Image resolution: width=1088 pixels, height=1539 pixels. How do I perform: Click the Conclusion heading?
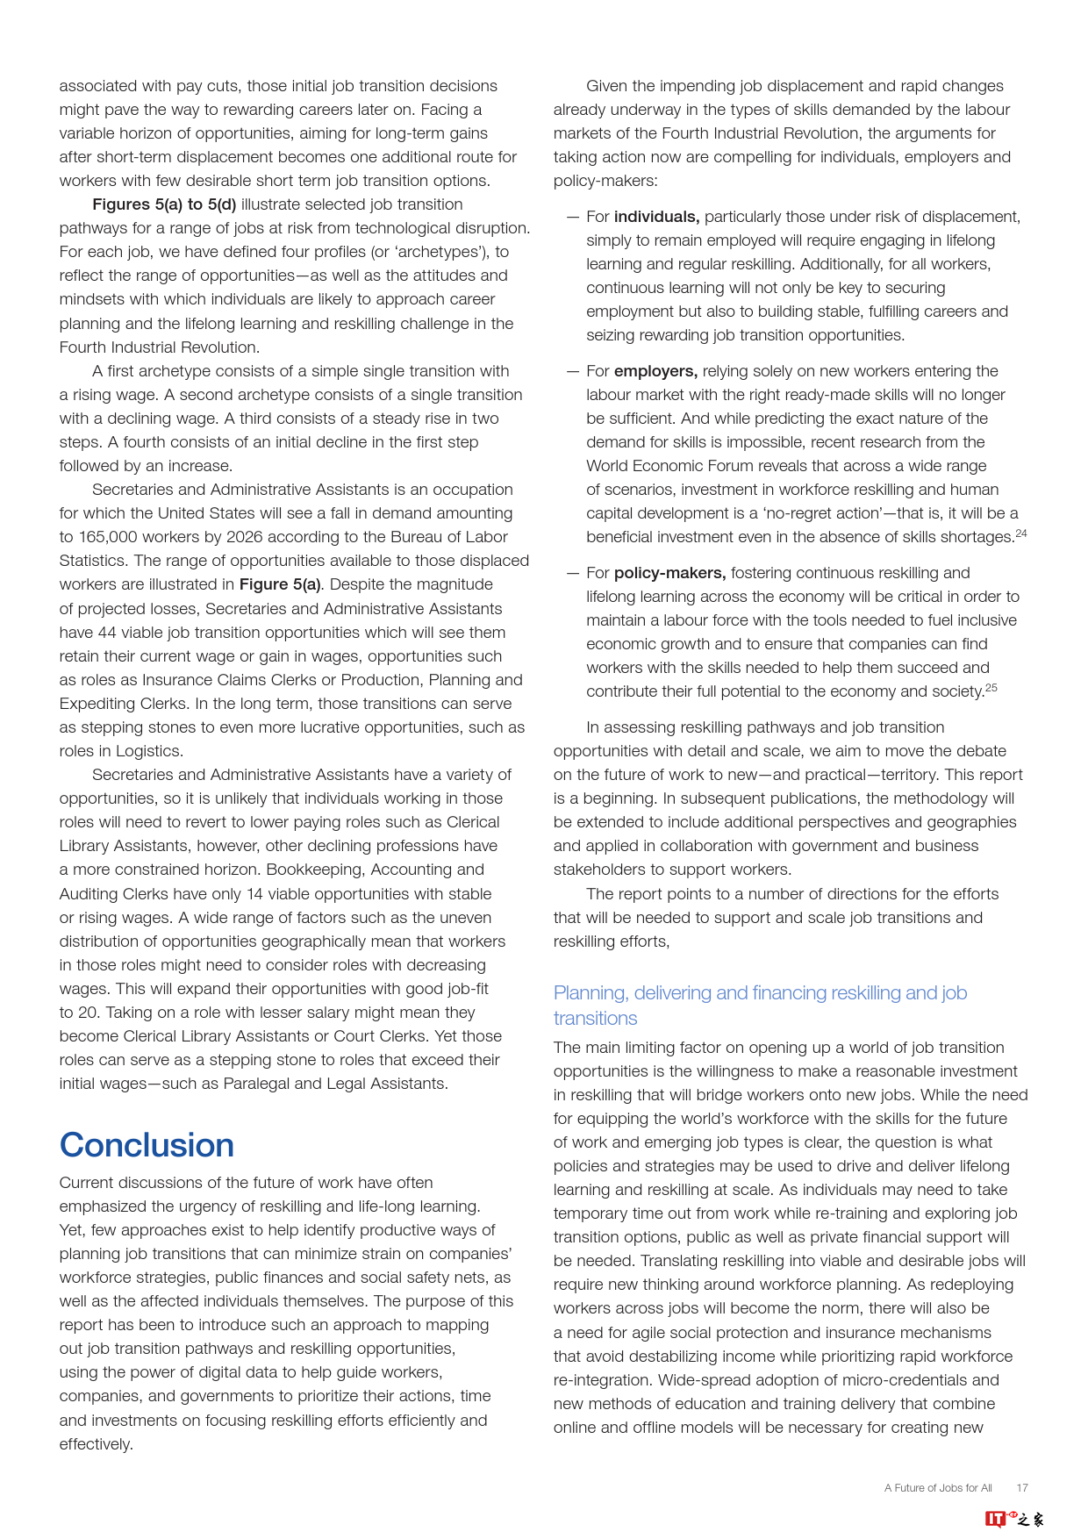coord(147,1145)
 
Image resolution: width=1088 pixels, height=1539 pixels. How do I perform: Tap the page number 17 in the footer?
coord(1022,1487)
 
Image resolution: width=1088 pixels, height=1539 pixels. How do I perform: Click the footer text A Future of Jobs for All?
coord(938,1487)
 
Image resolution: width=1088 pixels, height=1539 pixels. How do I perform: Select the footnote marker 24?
coord(1021,533)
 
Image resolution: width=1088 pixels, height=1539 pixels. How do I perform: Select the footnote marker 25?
coord(991,688)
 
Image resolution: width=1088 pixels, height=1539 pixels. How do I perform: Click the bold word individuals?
coord(656,217)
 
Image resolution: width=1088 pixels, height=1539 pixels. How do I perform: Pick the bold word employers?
coord(655,371)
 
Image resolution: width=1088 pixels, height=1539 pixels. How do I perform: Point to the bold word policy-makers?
coord(669,573)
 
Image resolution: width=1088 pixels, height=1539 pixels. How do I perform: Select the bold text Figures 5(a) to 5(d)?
coord(164,204)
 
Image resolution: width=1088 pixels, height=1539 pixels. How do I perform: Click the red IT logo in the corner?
coord(995,1519)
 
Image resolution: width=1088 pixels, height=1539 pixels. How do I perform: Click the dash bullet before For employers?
coord(573,371)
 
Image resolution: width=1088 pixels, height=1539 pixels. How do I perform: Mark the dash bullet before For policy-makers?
coord(573,573)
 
